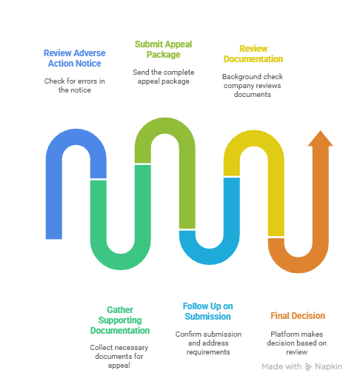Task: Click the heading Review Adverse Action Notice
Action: [74, 58]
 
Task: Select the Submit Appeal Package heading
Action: [163, 50]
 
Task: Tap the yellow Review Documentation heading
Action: [253, 54]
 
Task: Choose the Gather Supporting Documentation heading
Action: [120, 320]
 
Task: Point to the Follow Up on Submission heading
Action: [208, 312]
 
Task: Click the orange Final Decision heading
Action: [298, 316]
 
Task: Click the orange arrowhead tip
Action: [321, 130]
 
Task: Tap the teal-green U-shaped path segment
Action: [120, 262]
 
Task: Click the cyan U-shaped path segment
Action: [210, 257]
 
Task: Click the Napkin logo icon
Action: [308, 367]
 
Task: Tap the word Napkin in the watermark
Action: [329, 367]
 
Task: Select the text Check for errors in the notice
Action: [74, 85]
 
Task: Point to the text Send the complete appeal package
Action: [163, 76]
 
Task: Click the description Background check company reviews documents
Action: [253, 85]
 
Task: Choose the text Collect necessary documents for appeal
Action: [119, 356]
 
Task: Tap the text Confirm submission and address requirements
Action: [208, 343]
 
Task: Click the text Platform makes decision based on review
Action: [297, 343]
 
